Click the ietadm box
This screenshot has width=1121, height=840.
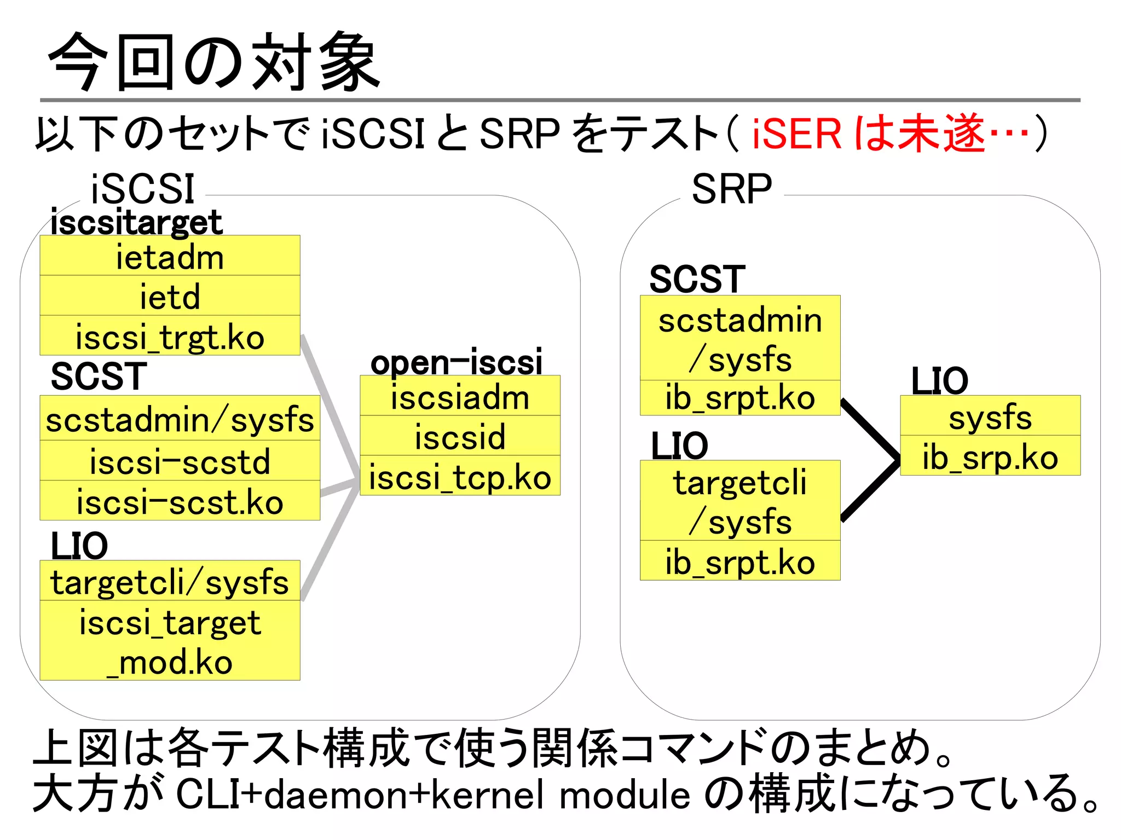point(170,256)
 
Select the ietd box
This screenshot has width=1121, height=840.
point(170,296)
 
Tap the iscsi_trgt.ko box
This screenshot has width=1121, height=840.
point(170,335)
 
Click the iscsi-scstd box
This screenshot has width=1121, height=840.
point(180,461)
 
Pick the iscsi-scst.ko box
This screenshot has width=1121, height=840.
point(180,501)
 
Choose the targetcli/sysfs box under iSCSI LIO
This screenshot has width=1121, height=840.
point(170,581)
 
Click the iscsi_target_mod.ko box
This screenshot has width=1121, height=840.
point(170,641)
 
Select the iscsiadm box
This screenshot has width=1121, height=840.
point(460,396)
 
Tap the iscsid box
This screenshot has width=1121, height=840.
point(460,436)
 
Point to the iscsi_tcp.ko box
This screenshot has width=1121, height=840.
point(460,476)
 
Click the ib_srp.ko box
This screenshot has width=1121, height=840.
point(990,456)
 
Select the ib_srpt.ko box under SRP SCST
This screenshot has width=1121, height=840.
point(739,398)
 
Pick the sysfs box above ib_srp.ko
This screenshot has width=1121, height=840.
point(990,416)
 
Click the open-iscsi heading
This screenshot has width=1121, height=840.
point(456,362)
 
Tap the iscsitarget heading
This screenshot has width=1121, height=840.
point(136,222)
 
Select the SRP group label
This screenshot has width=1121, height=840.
point(731,189)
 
